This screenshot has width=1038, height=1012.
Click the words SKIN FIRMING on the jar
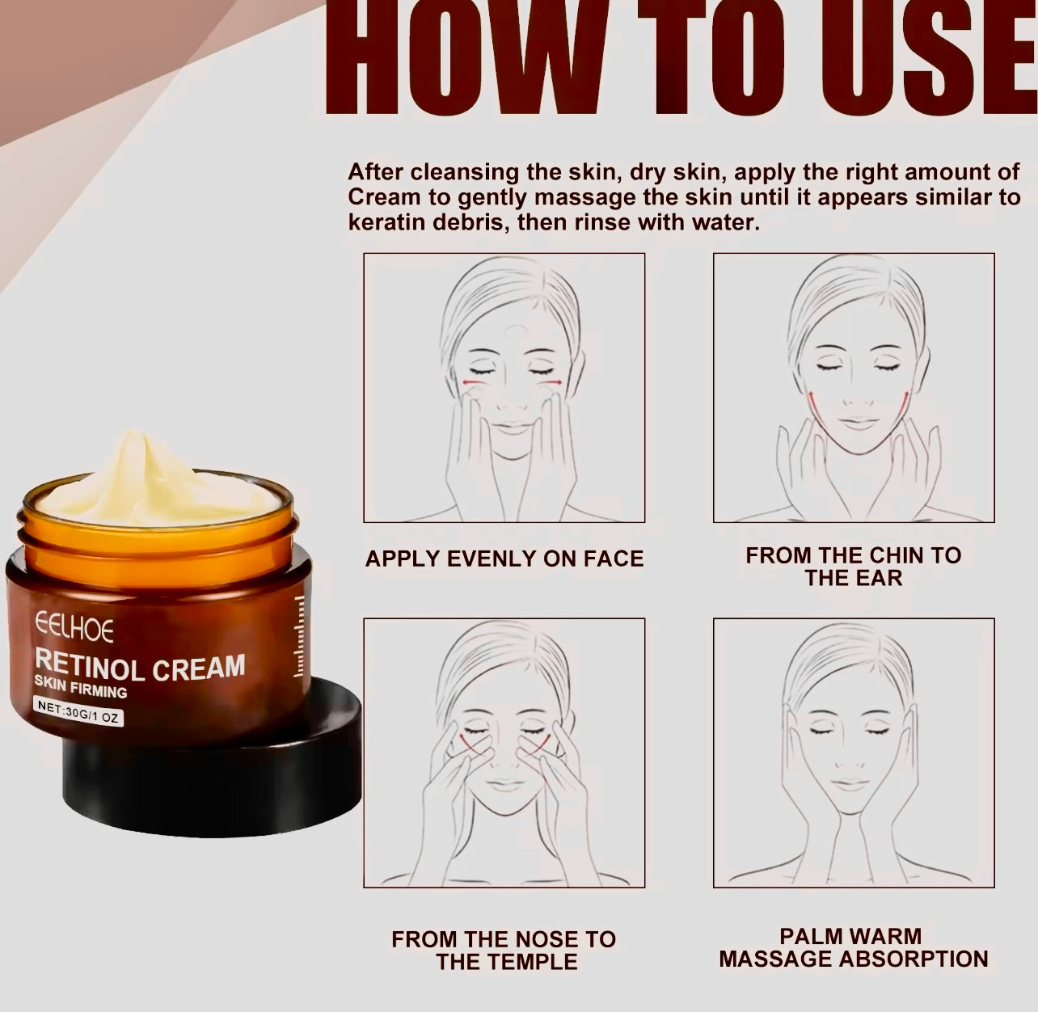(x=81, y=687)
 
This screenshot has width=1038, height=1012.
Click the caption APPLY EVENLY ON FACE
(x=504, y=559)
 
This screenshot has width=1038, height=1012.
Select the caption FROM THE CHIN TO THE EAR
(x=854, y=567)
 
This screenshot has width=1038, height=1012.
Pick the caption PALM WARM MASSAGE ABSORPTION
(x=854, y=947)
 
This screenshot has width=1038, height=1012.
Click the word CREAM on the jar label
(x=198, y=668)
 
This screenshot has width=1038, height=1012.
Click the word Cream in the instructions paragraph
(x=383, y=197)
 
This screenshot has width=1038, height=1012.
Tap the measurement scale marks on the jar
(x=298, y=636)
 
